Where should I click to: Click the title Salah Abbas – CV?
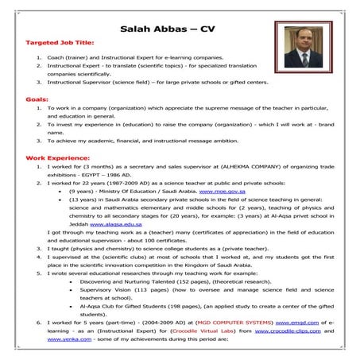click(x=168, y=29)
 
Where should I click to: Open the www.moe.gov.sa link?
click(x=219, y=192)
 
